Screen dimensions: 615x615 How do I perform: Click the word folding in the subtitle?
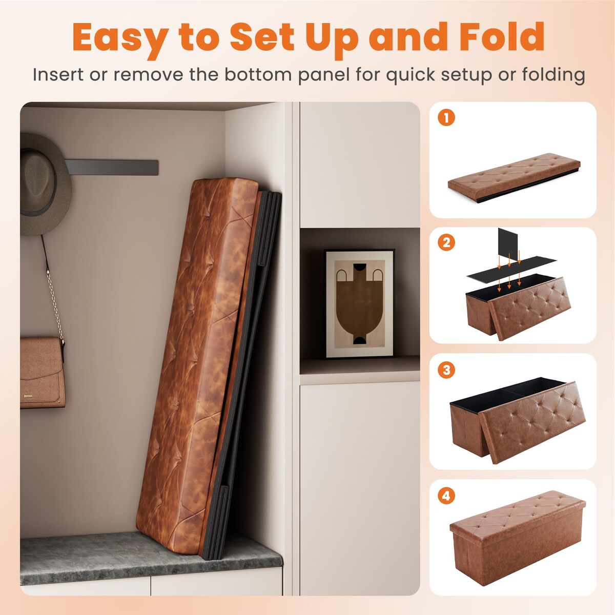point(553,75)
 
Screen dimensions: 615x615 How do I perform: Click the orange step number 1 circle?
point(446,118)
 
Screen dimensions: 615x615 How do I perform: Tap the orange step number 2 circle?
point(446,242)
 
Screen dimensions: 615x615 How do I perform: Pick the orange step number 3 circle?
point(446,370)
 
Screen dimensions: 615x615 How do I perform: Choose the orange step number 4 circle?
point(446,496)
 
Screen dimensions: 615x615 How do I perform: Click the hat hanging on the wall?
point(45,185)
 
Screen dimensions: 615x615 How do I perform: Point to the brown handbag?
point(42,373)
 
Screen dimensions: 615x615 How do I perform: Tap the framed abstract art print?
point(359,303)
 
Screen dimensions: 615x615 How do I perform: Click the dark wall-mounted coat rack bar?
point(111,167)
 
